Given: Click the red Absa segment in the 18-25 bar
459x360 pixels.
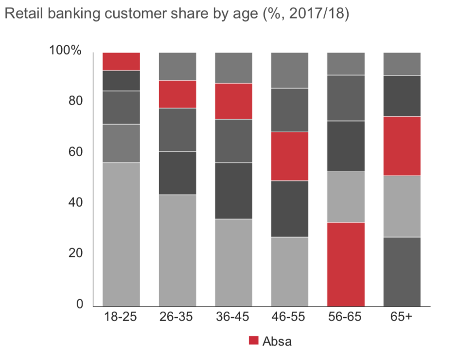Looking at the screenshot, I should (121, 61).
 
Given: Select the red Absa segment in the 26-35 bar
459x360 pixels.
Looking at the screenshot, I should (177, 94).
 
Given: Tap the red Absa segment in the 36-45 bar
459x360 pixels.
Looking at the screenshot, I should (233, 101).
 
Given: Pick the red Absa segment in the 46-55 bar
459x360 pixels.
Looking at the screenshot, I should (290, 156).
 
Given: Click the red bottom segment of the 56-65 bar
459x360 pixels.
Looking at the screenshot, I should (346, 264).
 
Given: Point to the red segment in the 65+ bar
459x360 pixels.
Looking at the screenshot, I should (402, 146).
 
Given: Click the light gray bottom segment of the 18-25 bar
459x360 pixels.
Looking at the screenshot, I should (121, 234).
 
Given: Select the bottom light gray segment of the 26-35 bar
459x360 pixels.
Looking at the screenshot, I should (177, 250).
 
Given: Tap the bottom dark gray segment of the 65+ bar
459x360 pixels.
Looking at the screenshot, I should (402, 271).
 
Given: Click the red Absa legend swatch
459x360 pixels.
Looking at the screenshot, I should (254, 341).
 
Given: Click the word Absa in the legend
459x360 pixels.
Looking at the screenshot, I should (277, 341).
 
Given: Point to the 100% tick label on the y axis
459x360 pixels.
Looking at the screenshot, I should (65, 51).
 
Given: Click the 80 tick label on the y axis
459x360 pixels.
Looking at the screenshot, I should (72, 101).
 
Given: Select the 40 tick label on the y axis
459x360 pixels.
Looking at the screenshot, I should (72, 202).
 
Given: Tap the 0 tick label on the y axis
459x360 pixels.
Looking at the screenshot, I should (76, 304).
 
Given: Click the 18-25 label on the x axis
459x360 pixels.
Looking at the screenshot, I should (121, 317).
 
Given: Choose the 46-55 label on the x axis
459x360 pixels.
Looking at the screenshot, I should (290, 317).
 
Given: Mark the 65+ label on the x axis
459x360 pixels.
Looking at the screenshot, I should (402, 317).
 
